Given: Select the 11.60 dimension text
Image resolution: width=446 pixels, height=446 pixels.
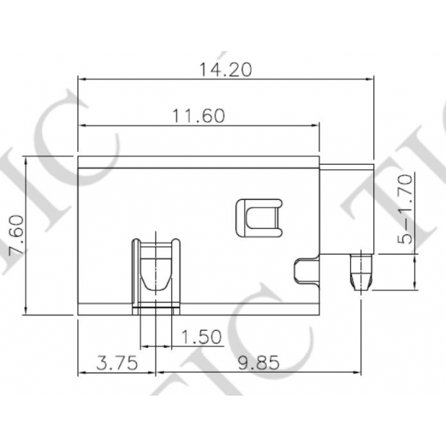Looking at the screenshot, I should (199, 116).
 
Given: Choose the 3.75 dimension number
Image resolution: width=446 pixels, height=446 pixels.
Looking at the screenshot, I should (117, 363).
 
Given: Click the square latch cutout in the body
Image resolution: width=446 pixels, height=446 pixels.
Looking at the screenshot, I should (257, 217).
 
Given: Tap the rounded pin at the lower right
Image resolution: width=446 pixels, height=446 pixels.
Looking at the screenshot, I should (360, 271).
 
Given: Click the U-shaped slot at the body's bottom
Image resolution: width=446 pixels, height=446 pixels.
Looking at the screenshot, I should (156, 273).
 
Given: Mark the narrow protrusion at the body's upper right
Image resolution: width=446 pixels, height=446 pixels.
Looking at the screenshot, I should (347, 167).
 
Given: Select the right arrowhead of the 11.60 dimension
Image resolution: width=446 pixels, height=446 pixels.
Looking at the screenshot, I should (315, 126).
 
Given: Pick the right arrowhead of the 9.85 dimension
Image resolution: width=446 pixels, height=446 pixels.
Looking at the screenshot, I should (357, 373).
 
